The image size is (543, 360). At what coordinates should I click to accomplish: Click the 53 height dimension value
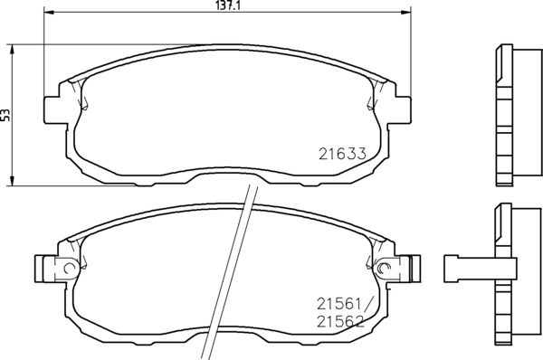(5, 115)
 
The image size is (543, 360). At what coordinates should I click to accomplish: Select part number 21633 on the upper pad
(342, 154)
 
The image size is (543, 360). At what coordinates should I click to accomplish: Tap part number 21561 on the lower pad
(339, 305)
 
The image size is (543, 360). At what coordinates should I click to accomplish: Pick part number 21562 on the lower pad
(341, 322)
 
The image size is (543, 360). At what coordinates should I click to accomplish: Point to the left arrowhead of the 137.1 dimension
(49, 13)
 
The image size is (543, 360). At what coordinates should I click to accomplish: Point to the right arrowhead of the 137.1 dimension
(405, 13)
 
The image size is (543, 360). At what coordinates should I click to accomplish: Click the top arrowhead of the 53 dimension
(13, 50)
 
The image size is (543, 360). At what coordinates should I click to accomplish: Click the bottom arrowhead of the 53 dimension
(13, 181)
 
